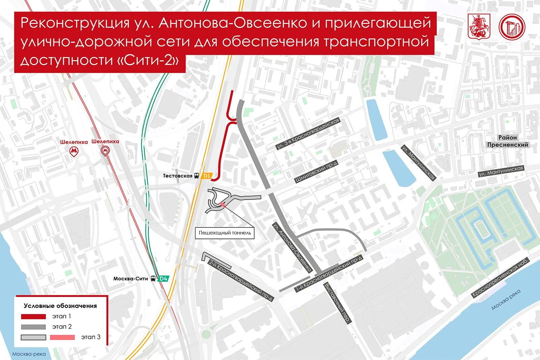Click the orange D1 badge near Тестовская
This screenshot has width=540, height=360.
coord(207,176)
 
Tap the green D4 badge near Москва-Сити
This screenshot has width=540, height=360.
coord(163,279)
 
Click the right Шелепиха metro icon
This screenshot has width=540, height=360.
coord(105,151)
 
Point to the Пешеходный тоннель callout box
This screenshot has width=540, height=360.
coord(225,233)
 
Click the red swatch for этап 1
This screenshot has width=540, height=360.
coord(33,316)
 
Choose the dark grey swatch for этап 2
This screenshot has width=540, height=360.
coord(33,327)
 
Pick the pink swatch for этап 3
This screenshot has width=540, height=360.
coord(62,337)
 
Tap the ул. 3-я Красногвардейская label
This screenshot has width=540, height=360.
coord(307,134)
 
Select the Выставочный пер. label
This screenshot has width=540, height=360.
coord(337,303)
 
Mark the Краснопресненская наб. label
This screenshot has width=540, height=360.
coord(500,277)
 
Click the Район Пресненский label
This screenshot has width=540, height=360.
coord(507,141)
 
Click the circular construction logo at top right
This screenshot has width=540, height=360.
coord(512,26)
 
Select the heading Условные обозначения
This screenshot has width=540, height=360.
coord(60,306)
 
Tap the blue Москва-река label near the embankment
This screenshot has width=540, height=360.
coord(506,300)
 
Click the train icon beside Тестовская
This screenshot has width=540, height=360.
coord(196,176)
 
